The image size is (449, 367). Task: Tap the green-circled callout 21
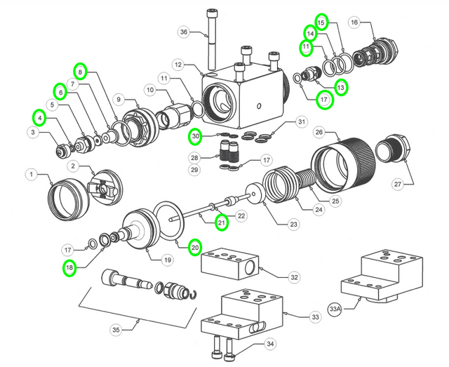coord(221,223)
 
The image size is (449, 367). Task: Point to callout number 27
coord(397,184)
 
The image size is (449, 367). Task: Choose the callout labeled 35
coord(115,329)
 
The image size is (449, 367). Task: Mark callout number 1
coord(31,173)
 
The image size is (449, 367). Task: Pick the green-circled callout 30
coord(196,136)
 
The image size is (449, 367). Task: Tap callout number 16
coord(354,22)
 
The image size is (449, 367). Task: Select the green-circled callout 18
coord(69,267)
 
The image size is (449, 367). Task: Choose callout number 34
coord(269,344)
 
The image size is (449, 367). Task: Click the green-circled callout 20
coord(195,247)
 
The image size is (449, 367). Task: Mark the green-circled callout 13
coord(341,88)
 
